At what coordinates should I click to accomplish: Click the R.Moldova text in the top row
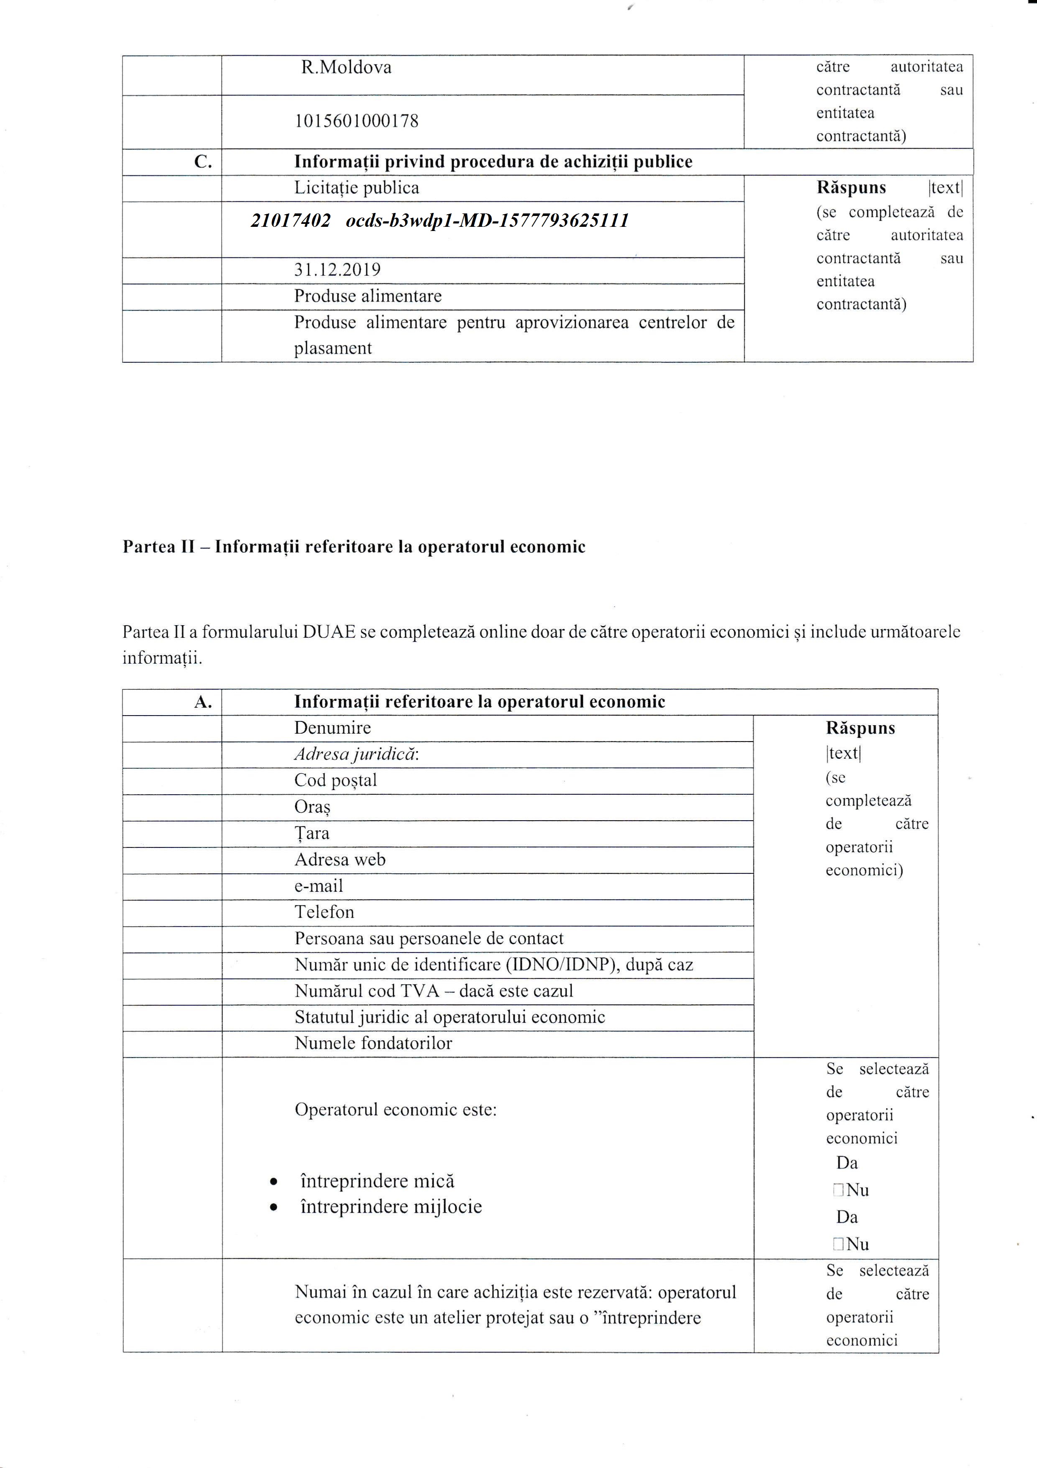pos(346,67)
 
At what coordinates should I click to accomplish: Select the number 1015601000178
pos(356,121)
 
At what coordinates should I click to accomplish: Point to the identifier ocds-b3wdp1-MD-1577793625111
pos(487,221)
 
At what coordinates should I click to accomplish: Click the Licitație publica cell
pos(357,188)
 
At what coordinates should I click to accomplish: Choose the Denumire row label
pos(332,728)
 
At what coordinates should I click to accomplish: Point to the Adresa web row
pos(340,859)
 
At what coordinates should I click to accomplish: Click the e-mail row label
pos(318,886)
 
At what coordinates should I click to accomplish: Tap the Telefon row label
pos(324,912)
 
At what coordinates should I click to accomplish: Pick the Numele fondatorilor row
pos(373,1043)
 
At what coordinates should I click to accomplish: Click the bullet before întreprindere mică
pos(273,1182)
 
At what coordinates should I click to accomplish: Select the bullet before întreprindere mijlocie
pos(273,1208)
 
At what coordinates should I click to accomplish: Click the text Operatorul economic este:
pos(396,1109)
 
